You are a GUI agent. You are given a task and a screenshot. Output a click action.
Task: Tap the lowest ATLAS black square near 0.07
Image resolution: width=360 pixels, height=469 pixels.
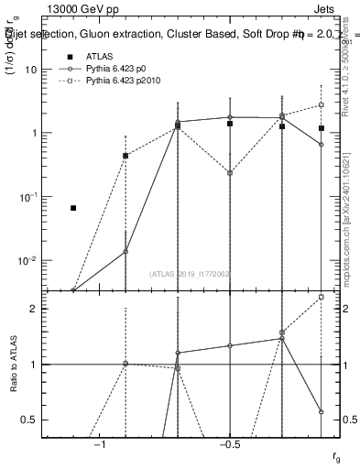click(x=73, y=208)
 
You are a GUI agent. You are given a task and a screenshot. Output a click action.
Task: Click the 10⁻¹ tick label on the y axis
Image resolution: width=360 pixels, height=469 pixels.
click(x=33, y=196)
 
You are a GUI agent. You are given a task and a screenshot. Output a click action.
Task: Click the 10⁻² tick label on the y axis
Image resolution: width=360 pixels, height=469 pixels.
click(x=33, y=260)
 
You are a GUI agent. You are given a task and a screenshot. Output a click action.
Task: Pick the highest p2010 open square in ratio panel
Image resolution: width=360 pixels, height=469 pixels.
click(x=322, y=297)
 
